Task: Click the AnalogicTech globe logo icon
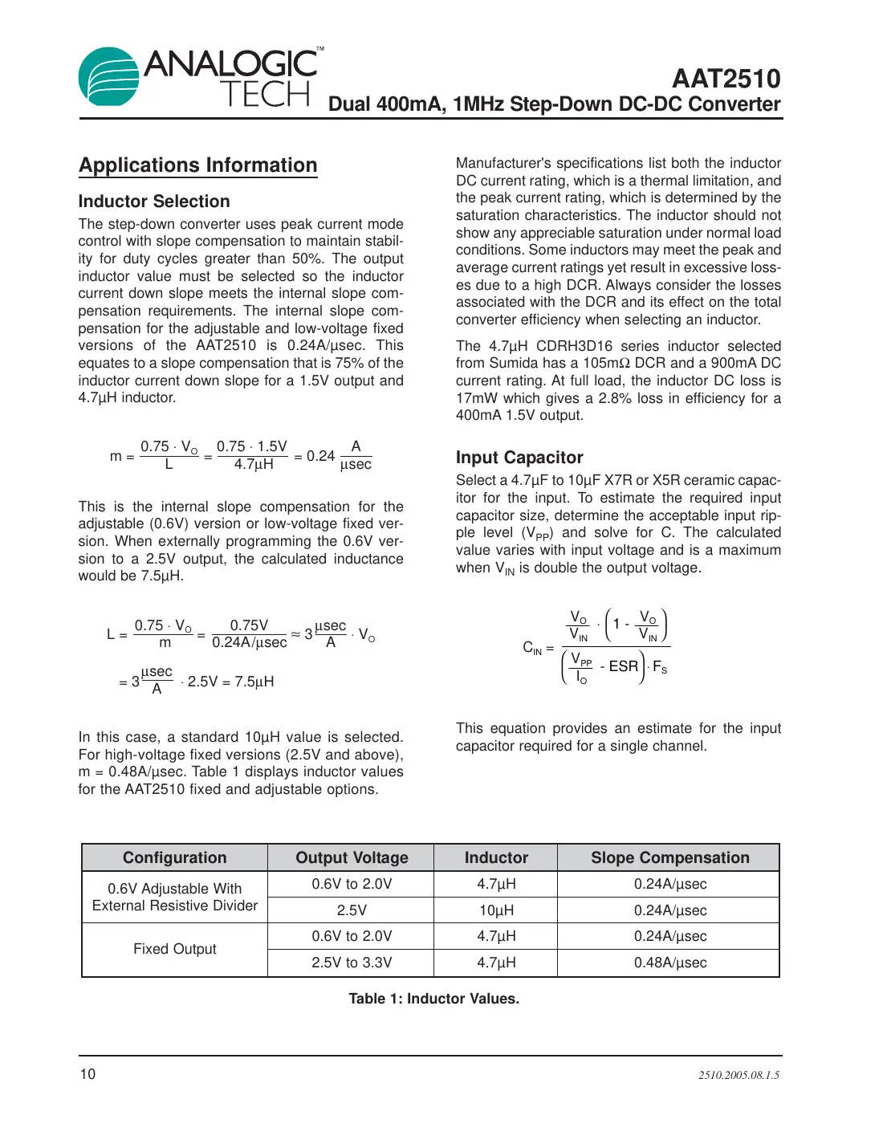[x=108, y=77]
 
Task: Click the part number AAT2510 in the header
[x=726, y=79]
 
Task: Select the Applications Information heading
[x=197, y=165]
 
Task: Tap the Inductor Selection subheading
[x=154, y=202]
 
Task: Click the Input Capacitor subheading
[x=519, y=458]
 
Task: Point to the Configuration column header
[x=174, y=857]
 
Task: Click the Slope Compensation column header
[x=669, y=857]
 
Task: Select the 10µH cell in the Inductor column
[x=496, y=910]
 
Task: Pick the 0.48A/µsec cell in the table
[x=669, y=963]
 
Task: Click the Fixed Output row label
[x=174, y=949]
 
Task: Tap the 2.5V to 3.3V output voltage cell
[x=352, y=963]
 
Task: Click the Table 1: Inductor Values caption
[x=433, y=999]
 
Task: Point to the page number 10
[x=87, y=1074]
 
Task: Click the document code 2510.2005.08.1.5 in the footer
[x=738, y=1075]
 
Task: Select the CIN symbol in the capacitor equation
[x=532, y=647]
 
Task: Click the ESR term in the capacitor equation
[x=623, y=666]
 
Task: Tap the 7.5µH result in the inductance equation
[x=254, y=682]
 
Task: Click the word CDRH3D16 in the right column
[x=574, y=346]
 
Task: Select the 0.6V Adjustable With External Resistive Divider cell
[x=174, y=897]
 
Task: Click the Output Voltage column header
[x=352, y=857]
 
